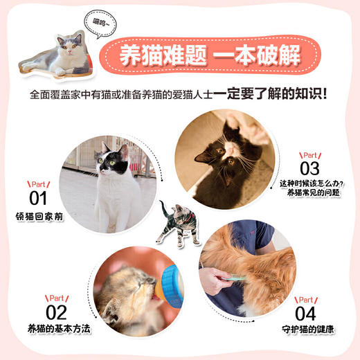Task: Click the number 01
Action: [x=37, y=199]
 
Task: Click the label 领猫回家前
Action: [x=39, y=217]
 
